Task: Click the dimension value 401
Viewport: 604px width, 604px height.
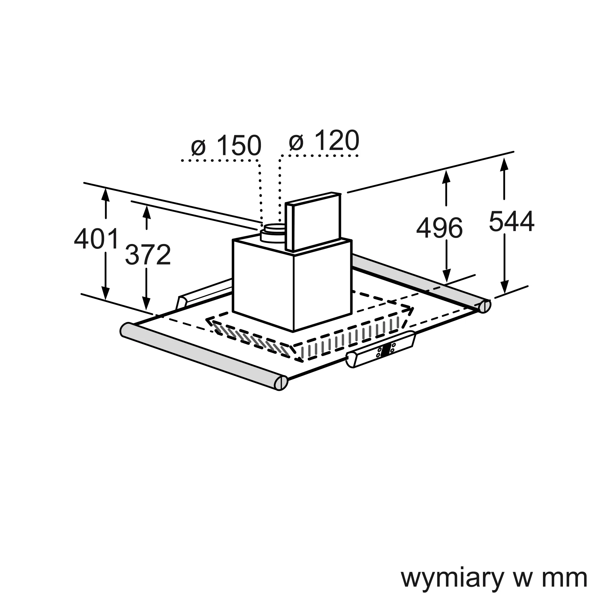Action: click(x=97, y=239)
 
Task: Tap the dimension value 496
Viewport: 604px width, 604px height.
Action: click(x=439, y=228)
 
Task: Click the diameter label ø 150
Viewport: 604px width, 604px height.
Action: click(x=226, y=145)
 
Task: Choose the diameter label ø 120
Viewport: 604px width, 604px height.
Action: click(x=324, y=141)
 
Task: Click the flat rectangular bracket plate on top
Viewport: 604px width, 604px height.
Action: click(x=313, y=221)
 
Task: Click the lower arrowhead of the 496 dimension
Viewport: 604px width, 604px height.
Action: click(x=446, y=275)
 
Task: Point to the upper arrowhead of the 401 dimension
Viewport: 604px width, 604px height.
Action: click(x=106, y=195)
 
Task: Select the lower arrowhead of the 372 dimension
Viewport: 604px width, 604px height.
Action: click(x=146, y=304)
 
